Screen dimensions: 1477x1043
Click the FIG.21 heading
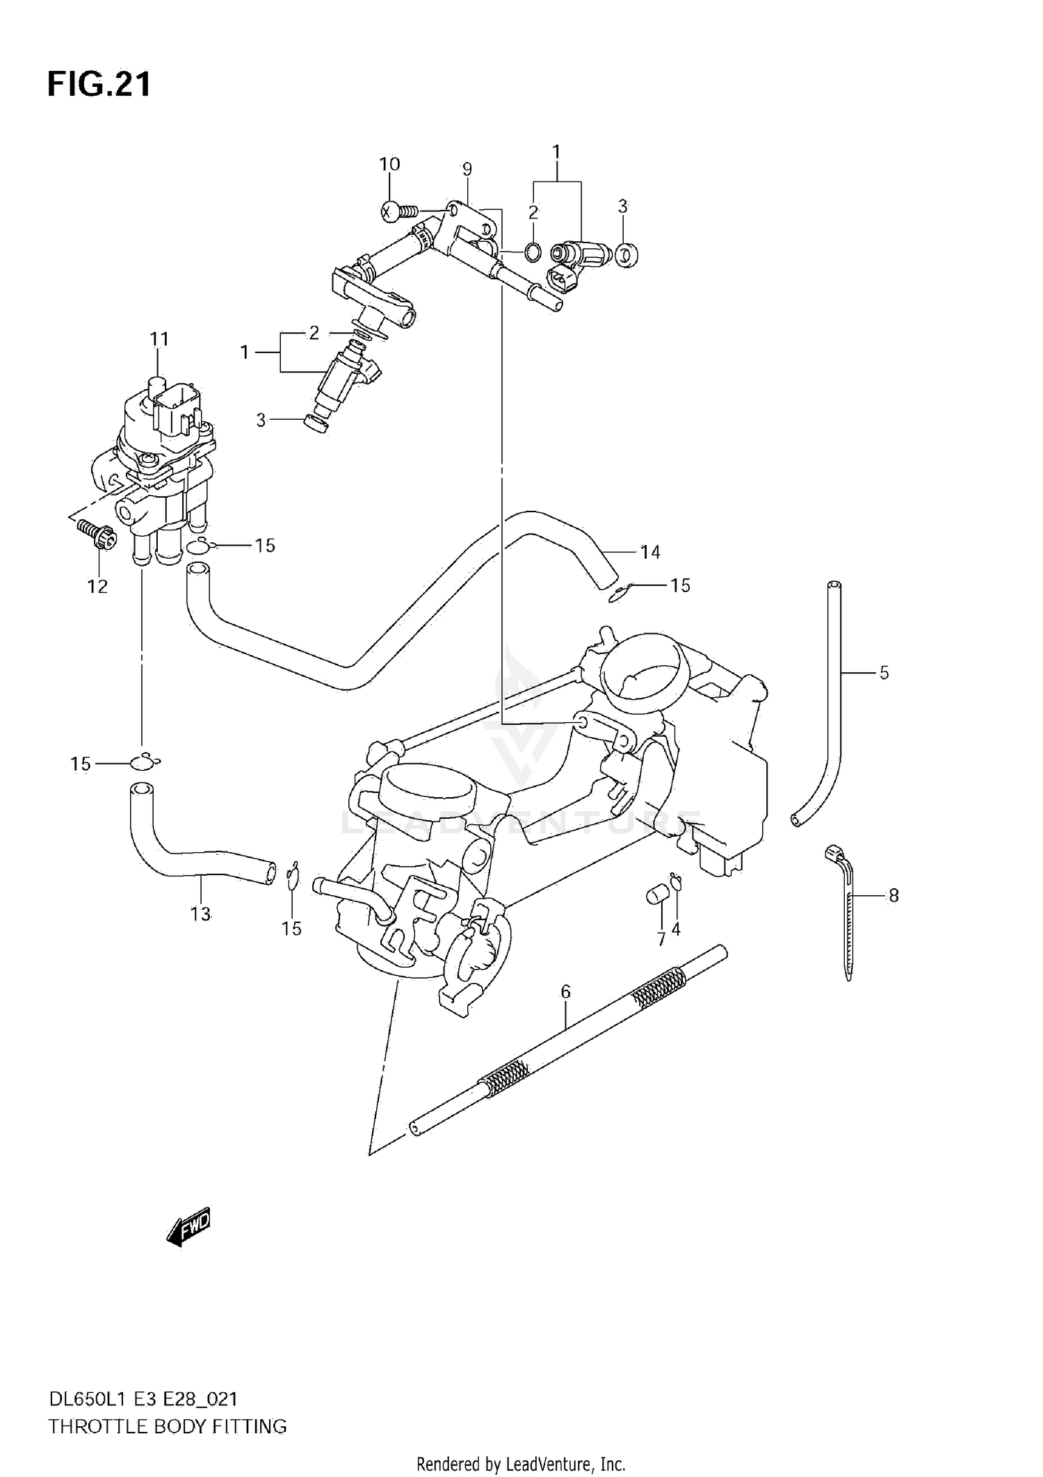pyautogui.click(x=99, y=85)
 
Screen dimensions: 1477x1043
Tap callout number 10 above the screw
pyautogui.click(x=389, y=165)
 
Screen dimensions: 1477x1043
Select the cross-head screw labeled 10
pyautogui.click(x=394, y=210)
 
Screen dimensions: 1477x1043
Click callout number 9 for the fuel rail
pyautogui.click(x=467, y=169)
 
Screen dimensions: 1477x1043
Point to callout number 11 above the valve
pyautogui.click(x=159, y=339)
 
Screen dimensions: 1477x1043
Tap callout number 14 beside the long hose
pyautogui.click(x=650, y=553)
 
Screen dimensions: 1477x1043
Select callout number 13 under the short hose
pyautogui.click(x=200, y=914)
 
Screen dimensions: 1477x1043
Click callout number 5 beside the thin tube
pyautogui.click(x=884, y=673)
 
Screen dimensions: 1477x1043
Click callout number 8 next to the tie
pyautogui.click(x=894, y=896)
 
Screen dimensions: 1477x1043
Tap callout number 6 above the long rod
pyautogui.click(x=565, y=992)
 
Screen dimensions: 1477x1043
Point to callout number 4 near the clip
pyautogui.click(x=675, y=929)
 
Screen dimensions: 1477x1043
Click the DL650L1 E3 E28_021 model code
pyautogui.click(x=143, y=1399)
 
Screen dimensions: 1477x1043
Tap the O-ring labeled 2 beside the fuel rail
pyautogui.click(x=532, y=252)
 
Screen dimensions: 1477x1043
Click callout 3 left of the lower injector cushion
pyautogui.click(x=261, y=420)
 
